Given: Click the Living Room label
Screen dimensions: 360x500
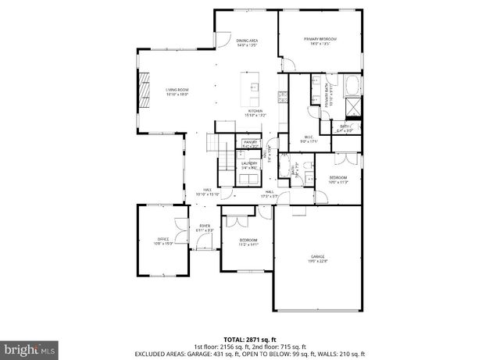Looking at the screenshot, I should click(x=177, y=92).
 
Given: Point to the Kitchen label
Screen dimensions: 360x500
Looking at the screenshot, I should click(x=256, y=113).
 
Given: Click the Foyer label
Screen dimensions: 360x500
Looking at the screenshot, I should click(x=205, y=228).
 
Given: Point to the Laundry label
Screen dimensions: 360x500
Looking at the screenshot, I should click(x=249, y=166).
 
